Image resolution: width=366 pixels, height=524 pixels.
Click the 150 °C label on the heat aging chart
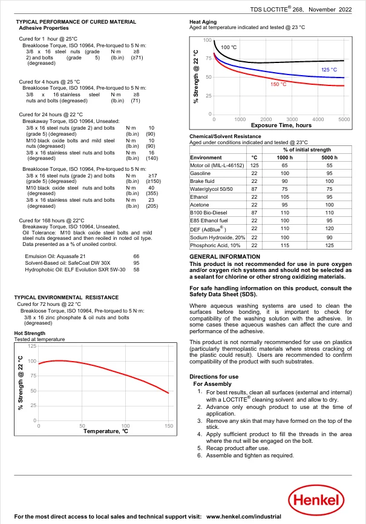click(278, 84)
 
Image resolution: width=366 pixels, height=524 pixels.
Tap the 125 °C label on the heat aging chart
click(328, 70)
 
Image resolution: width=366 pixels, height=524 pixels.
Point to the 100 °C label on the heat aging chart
click(229, 47)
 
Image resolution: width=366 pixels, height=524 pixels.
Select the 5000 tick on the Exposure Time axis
click(344, 119)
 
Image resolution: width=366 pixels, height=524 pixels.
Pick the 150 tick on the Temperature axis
click(169, 426)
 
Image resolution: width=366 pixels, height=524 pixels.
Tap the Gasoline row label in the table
click(200, 173)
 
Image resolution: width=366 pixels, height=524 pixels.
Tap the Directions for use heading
click(210, 376)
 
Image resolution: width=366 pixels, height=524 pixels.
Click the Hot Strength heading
click(30, 333)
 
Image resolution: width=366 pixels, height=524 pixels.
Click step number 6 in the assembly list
click(200, 455)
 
